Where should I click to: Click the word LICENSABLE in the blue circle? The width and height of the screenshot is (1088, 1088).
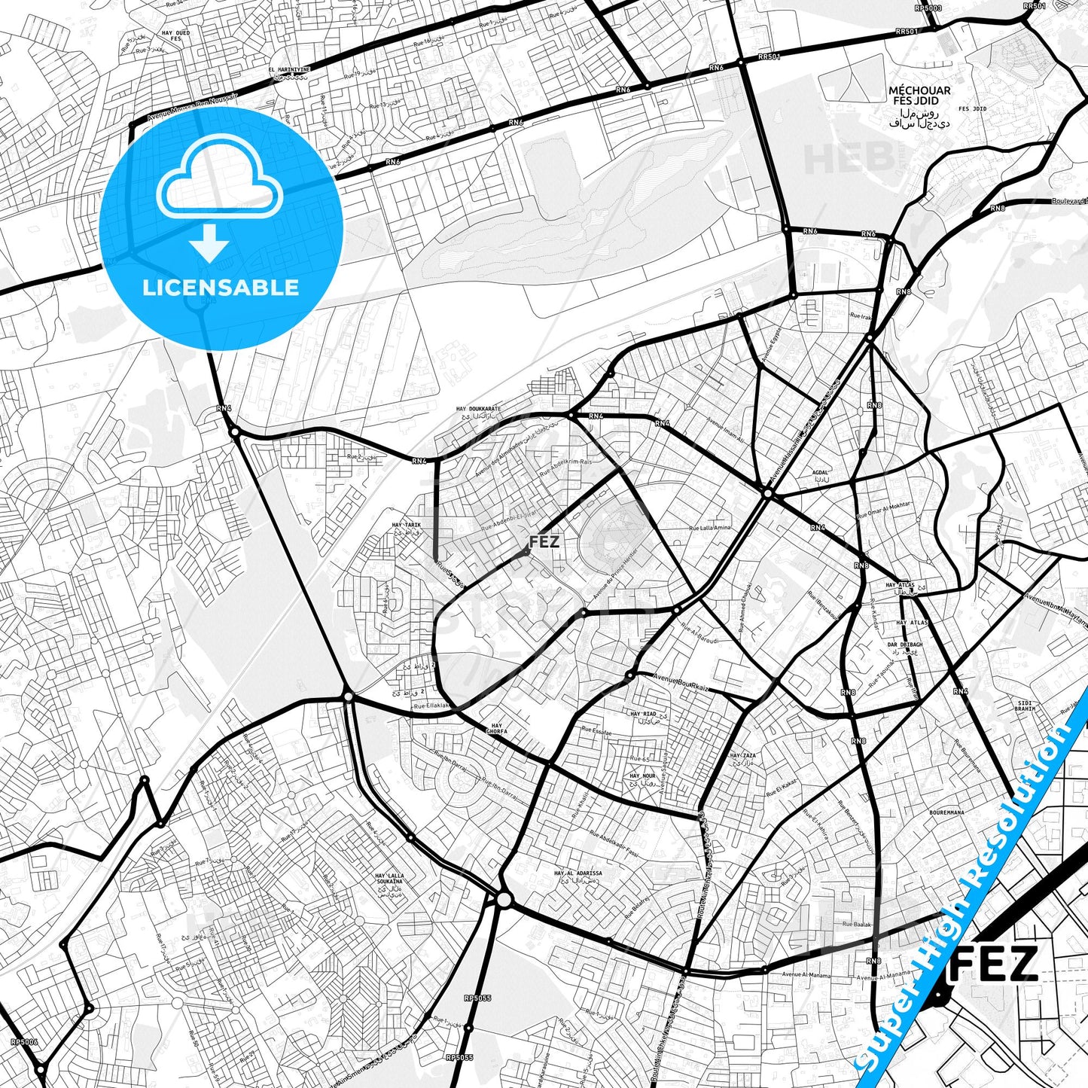(221, 288)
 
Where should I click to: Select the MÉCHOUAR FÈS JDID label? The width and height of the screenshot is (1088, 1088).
(919, 96)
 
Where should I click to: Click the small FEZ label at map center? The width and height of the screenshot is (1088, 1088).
(544, 542)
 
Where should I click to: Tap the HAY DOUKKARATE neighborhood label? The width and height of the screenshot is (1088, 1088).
(478, 409)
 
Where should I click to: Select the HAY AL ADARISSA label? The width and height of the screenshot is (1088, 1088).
(578, 873)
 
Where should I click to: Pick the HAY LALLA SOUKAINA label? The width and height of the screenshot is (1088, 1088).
(389, 879)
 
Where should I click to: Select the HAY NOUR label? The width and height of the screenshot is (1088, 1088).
(642, 776)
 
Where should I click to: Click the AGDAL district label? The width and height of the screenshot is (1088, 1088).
(820, 473)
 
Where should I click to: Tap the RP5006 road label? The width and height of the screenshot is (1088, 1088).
(24, 1043)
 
